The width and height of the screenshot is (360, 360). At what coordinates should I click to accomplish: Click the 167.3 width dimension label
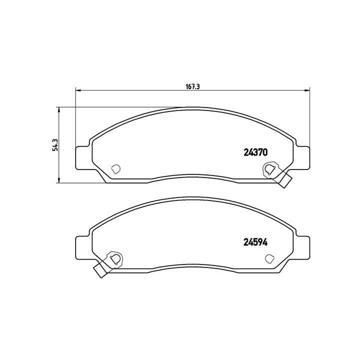tap(193, 86)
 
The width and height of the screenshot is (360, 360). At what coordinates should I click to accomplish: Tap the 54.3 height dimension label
tap(56, 144)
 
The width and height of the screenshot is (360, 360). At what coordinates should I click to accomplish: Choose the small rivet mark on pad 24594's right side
tap(269, 258)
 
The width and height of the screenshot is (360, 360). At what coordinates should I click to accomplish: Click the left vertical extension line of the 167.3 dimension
tap(75, 120)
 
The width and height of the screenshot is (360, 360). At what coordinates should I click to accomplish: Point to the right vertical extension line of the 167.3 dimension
tap(309, 120)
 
